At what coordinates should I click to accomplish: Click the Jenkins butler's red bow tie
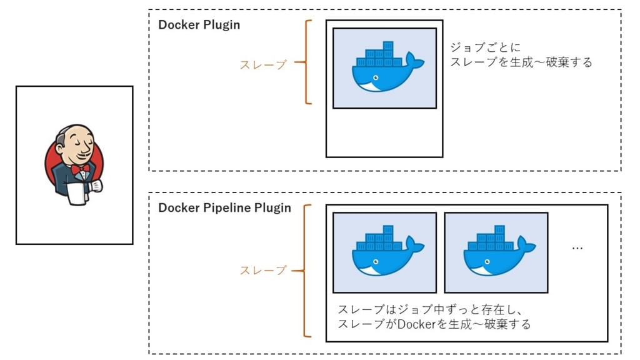click(78, 169)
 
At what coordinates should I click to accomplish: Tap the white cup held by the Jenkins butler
click(76, 193)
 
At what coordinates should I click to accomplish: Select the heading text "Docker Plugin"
click(199, 26)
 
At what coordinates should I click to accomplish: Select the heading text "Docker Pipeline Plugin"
click(224, 208)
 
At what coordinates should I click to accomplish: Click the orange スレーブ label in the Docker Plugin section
click(263, 64)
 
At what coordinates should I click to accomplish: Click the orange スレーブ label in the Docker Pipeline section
click(263, 270)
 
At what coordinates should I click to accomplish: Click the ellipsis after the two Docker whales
click(577, 247)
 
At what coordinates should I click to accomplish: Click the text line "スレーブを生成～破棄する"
click(521, 62)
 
